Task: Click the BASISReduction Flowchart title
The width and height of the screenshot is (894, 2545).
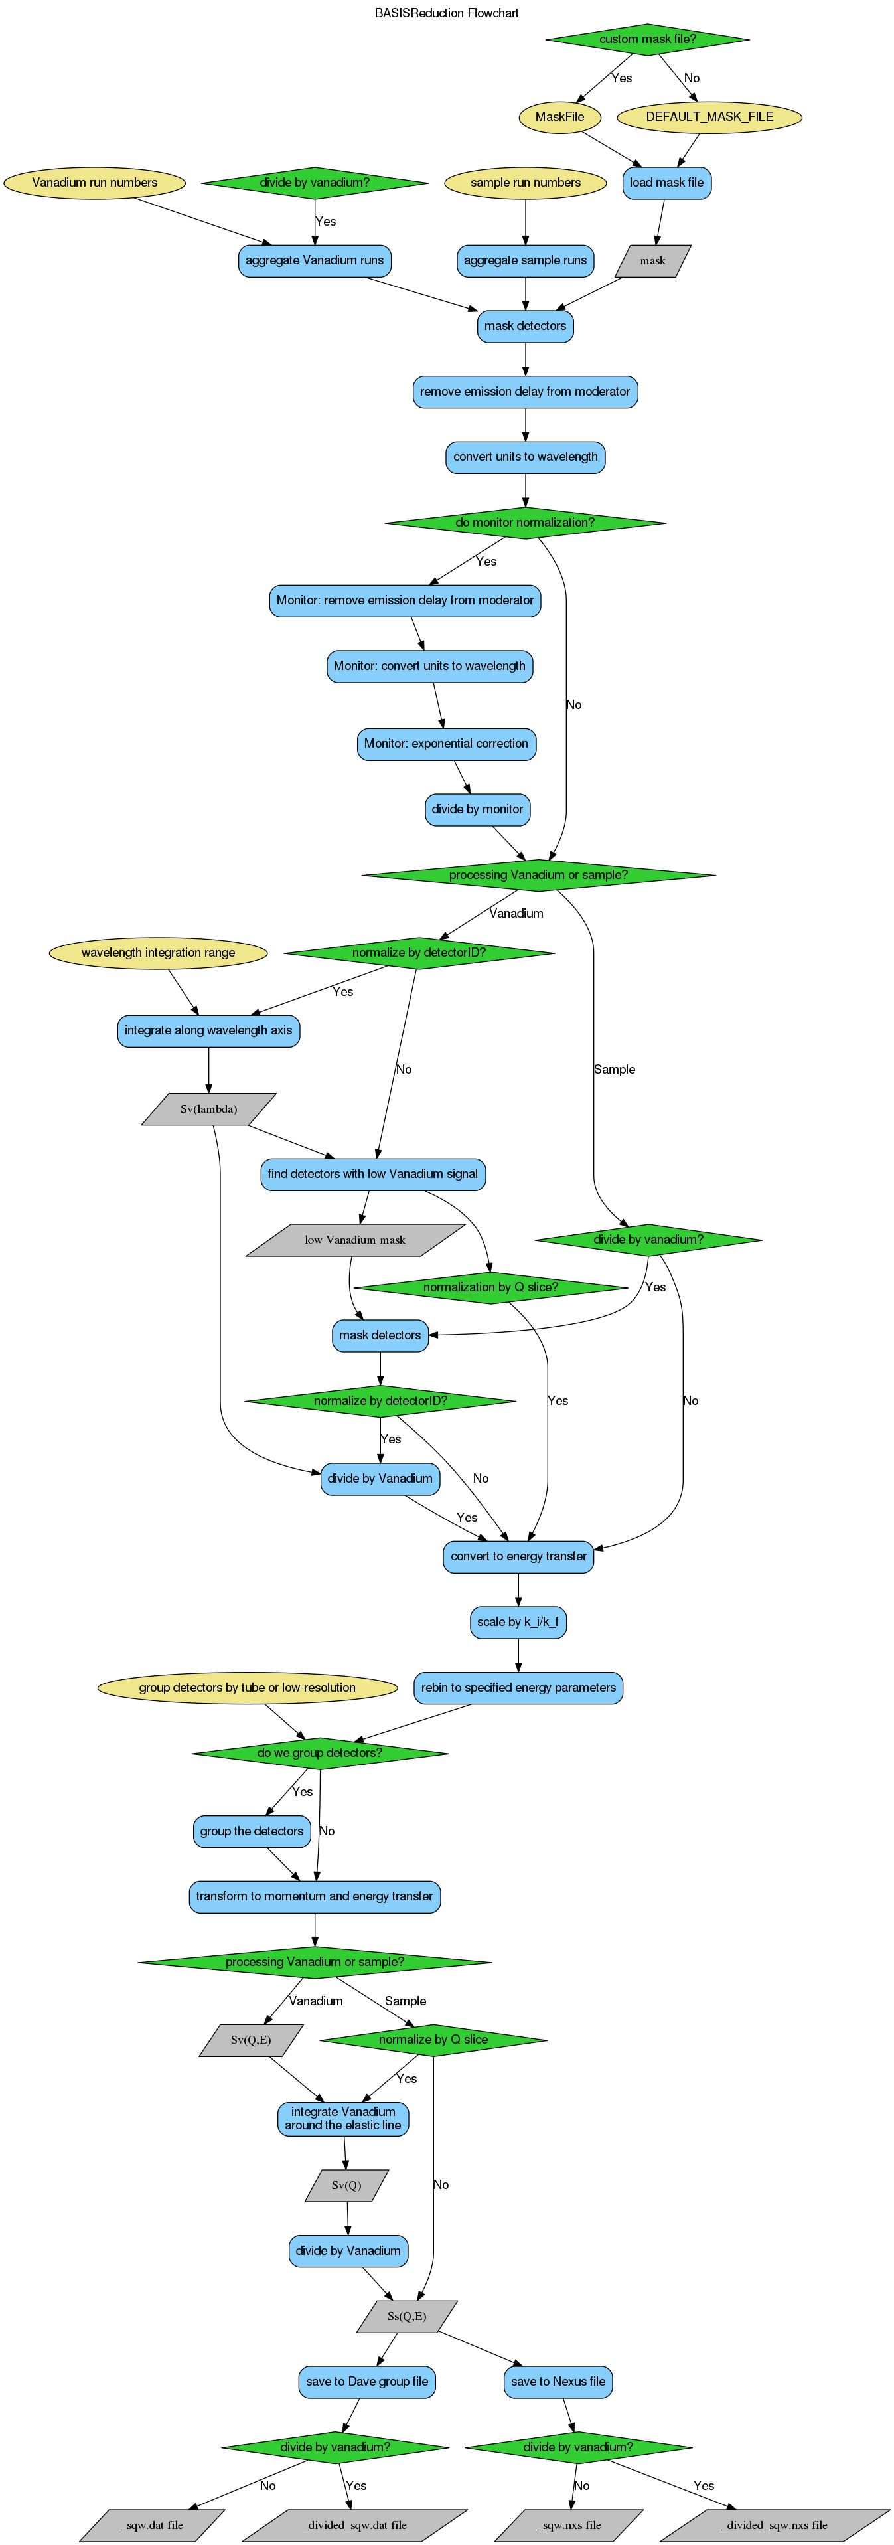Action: [x=447, y=13]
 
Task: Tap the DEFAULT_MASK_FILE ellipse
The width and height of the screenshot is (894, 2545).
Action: [x=709, y=117]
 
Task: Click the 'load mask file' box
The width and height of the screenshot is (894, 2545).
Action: [x=667, y=183]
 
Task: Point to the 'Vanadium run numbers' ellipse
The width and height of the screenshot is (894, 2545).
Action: [x=95, y=183]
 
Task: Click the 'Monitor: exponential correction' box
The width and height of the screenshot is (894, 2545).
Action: [x=447, y=744]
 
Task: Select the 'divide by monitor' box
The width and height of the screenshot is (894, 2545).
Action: [x=477, y=809]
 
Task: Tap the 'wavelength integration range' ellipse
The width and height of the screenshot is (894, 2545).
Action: [x=158, y=953]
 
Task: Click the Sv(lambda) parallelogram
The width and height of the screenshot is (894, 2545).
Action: [x=208, y=1109]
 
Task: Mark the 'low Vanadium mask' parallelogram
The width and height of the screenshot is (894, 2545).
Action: [x=354, y=1240]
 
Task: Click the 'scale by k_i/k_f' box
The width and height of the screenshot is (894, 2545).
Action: [x=518, y=1622]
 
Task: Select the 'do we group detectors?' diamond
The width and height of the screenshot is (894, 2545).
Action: [x=319, y=1754]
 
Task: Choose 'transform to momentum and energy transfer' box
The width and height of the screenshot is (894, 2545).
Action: [x=314, y=1897]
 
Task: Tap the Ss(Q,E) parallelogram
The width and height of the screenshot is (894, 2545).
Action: [x=407, y=2317]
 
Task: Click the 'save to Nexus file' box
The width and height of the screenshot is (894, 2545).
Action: [x=558, y=2382]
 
